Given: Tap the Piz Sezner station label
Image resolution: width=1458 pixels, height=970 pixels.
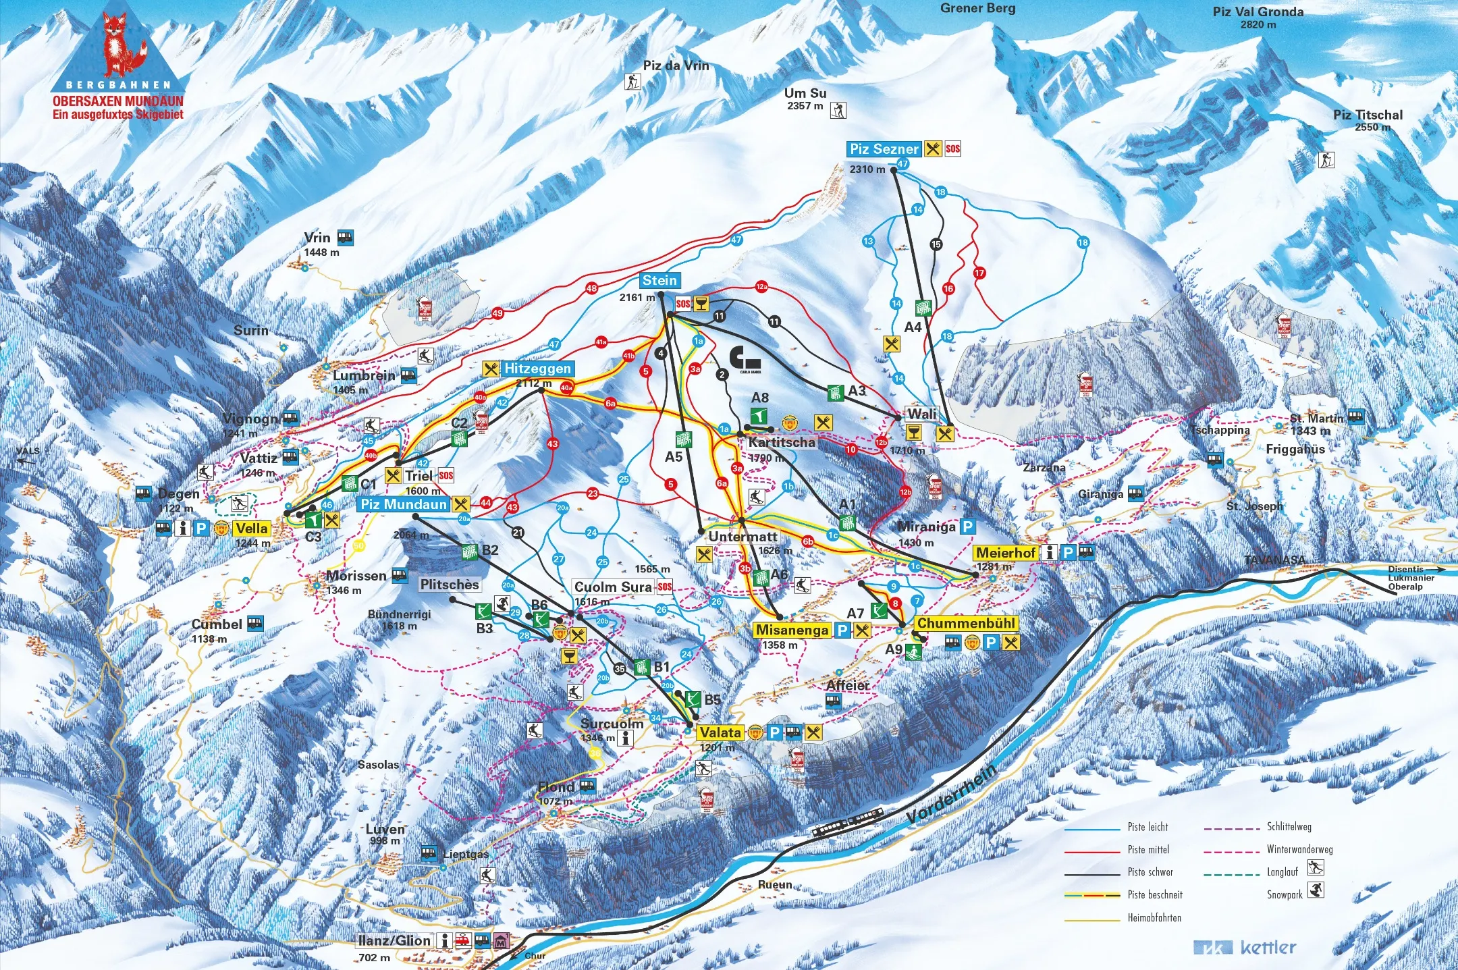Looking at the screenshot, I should click(884, 149).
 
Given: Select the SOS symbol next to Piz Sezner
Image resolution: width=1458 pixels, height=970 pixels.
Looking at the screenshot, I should click(952, 149).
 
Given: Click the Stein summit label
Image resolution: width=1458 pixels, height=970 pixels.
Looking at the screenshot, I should click(659, 281).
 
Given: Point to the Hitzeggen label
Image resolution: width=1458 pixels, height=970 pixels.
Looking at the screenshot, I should click(537, 369).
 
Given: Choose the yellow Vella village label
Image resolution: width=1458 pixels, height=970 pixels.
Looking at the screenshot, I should click(252, 529).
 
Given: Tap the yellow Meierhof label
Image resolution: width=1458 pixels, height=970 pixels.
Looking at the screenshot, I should click(1005, 553).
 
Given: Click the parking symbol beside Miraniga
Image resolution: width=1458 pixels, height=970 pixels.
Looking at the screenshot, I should click(967, 527).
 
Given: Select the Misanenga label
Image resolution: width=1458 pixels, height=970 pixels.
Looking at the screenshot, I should click(792, 630).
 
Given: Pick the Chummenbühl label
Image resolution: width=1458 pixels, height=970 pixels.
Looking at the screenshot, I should click(965, 624).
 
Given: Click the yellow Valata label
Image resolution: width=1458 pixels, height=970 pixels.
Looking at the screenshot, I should click(720, 732).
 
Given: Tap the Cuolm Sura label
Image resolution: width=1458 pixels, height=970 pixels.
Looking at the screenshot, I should click(613, 587).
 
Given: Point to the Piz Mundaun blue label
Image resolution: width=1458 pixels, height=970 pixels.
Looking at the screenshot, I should click(404, 504).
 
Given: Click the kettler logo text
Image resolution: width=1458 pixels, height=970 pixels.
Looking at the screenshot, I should click(1268, 948).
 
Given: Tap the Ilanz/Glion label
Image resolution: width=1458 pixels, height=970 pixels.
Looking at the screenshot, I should click(394, 940).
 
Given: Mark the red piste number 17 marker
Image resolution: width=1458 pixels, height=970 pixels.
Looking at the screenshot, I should click(979, 273).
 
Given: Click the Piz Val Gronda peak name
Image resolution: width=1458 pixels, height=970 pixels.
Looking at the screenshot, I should click(1258, 12).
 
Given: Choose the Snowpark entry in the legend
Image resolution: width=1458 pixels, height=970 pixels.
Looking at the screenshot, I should click(1285, 894).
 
